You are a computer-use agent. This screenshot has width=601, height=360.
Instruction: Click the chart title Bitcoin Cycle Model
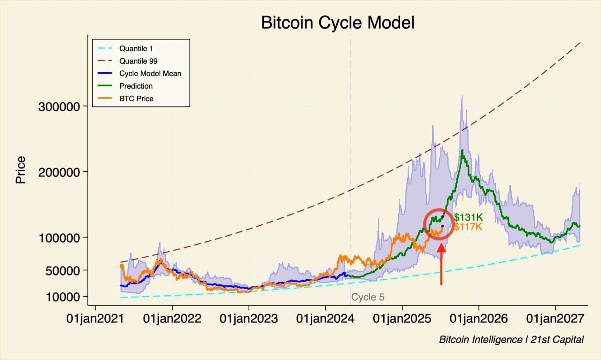(338, 23)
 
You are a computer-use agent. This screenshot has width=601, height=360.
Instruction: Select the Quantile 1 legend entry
(136, 48)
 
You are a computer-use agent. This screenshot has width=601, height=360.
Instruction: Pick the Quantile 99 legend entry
(138, 61)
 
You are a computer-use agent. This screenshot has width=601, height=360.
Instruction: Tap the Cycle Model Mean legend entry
(150, 74)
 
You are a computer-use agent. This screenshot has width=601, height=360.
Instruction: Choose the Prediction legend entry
(136, 86)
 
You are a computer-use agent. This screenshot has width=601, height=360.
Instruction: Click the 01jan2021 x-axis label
(96, 319)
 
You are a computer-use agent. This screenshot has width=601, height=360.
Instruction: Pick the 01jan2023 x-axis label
(249, 319)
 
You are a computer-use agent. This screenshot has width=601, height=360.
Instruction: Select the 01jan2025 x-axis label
(402, 319)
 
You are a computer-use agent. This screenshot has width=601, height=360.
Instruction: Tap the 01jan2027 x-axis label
(555, 319)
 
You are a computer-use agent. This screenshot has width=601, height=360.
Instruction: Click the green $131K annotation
(468, 218)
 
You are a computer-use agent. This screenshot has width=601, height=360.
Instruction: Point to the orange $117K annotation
(468, 227)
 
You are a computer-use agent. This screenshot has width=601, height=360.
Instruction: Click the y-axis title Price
(21, 169)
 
